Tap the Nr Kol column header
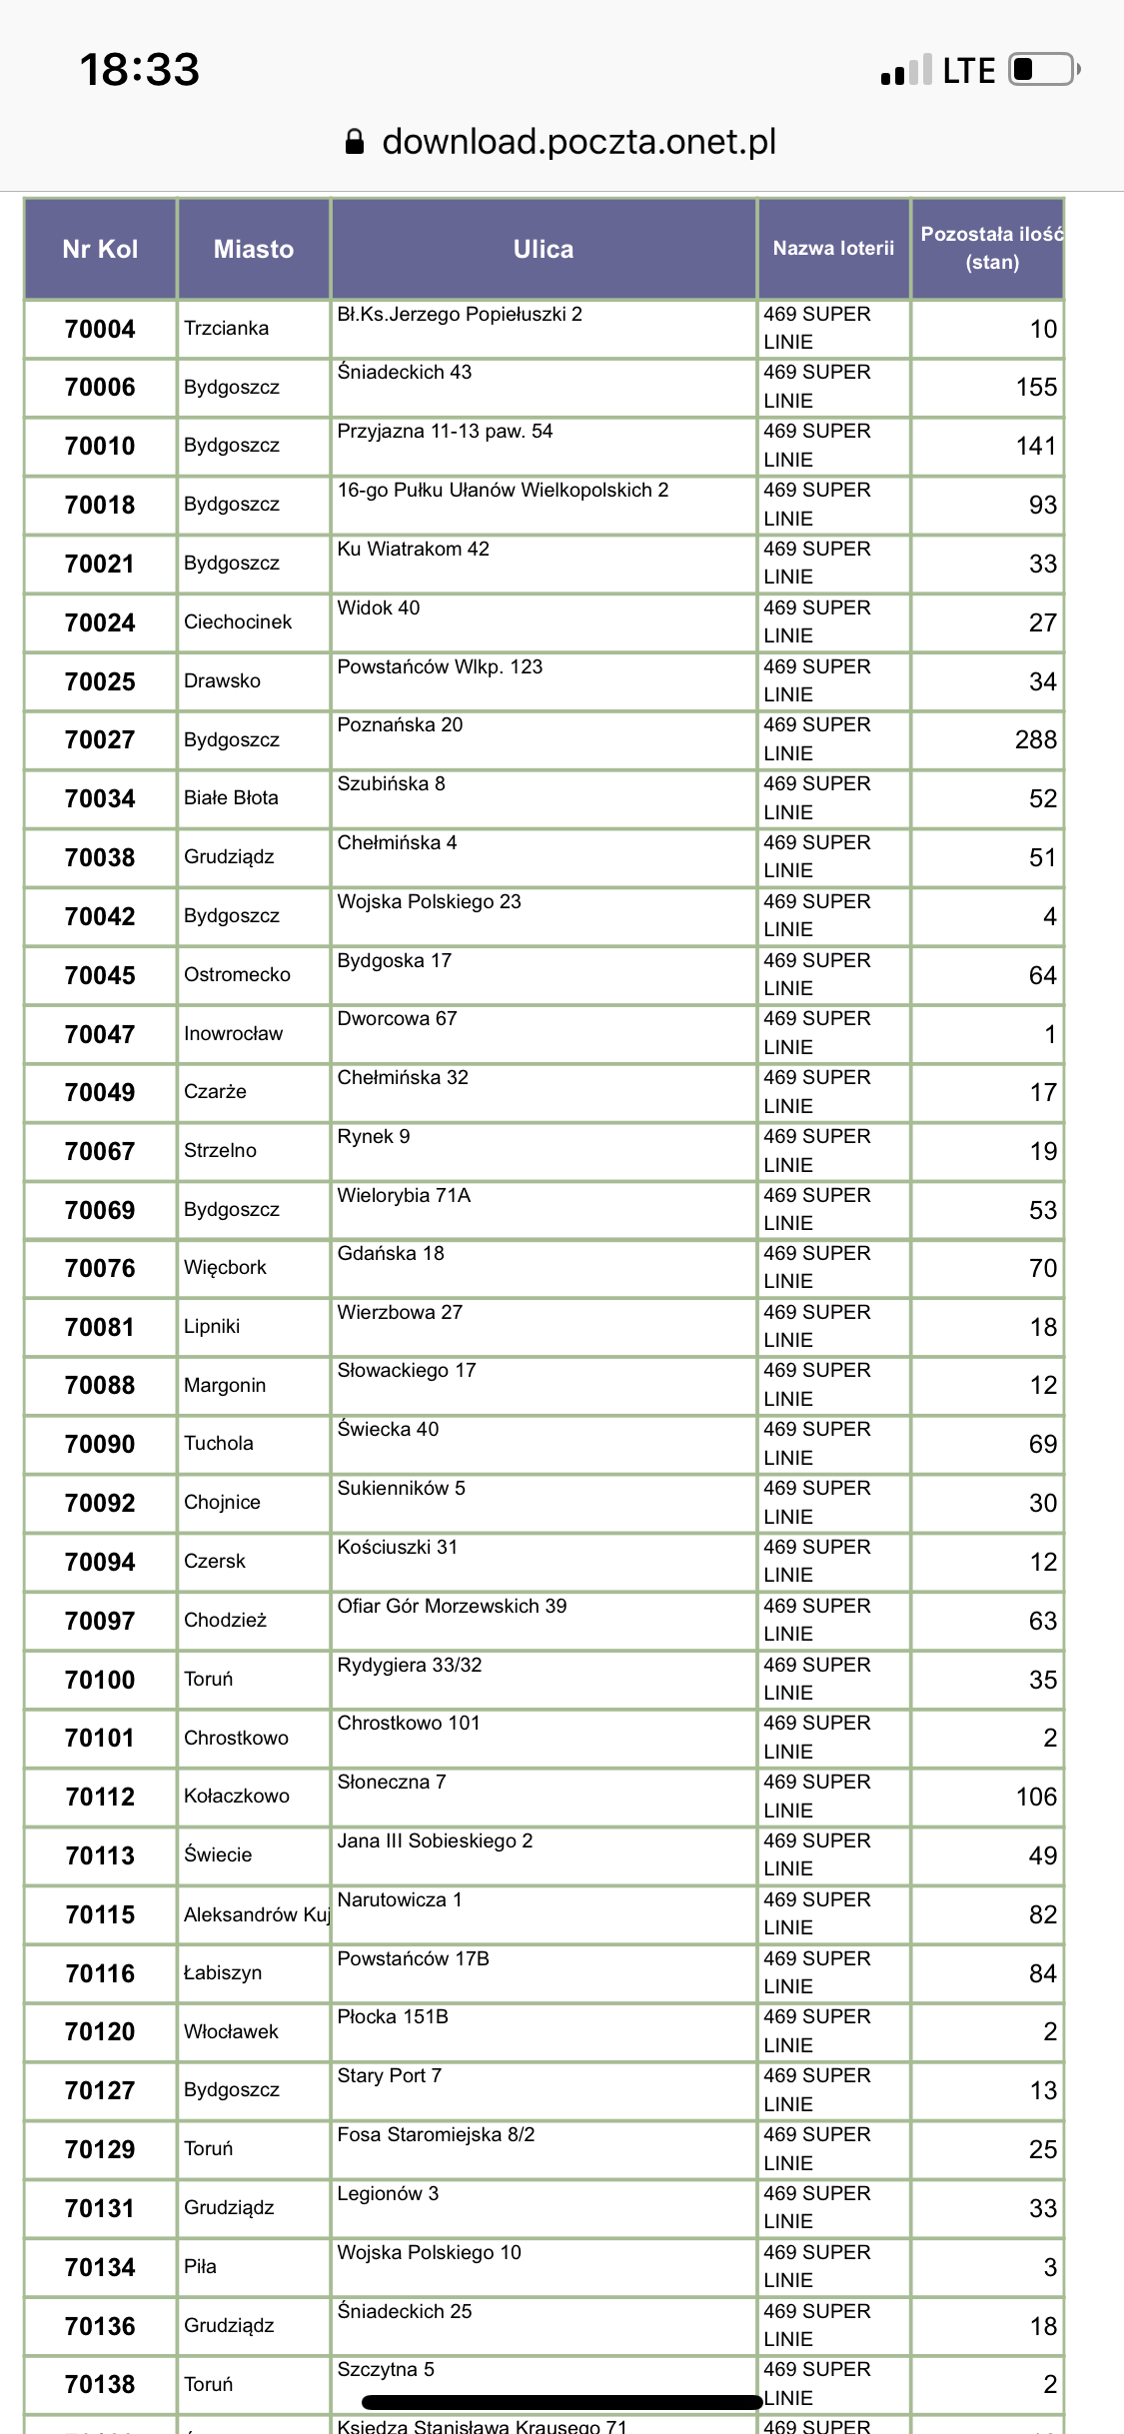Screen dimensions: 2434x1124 coord(100,249)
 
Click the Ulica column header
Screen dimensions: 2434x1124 coord(544,249)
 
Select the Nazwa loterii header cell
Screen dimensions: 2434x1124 coord(833,249)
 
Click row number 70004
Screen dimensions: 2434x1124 coord(100,329)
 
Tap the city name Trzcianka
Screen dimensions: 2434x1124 coord(227,329)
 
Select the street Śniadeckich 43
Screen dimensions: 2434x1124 coord(405,373)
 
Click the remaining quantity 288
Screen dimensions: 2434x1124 coord(1035,740)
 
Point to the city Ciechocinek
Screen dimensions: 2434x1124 coord(238,622)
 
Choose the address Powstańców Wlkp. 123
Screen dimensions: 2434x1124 coord(440,667)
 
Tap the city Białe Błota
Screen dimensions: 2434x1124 coord(231,798)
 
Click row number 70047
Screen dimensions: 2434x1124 coord(100,1034)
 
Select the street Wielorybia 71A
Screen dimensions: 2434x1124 coord(404,1196)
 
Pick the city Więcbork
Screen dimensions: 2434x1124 coord(225,1268)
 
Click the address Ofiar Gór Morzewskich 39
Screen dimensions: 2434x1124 coord(452,1607)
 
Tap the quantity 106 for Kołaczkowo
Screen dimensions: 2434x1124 coord(1036,1798)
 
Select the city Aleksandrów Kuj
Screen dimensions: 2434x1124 coord(256,1914)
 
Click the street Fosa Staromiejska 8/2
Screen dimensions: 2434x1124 coord(436,2135)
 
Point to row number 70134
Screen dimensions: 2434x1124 coord(100,2268)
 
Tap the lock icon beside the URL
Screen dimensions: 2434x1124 coord(355,142)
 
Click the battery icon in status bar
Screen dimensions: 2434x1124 coord(1043,70)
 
